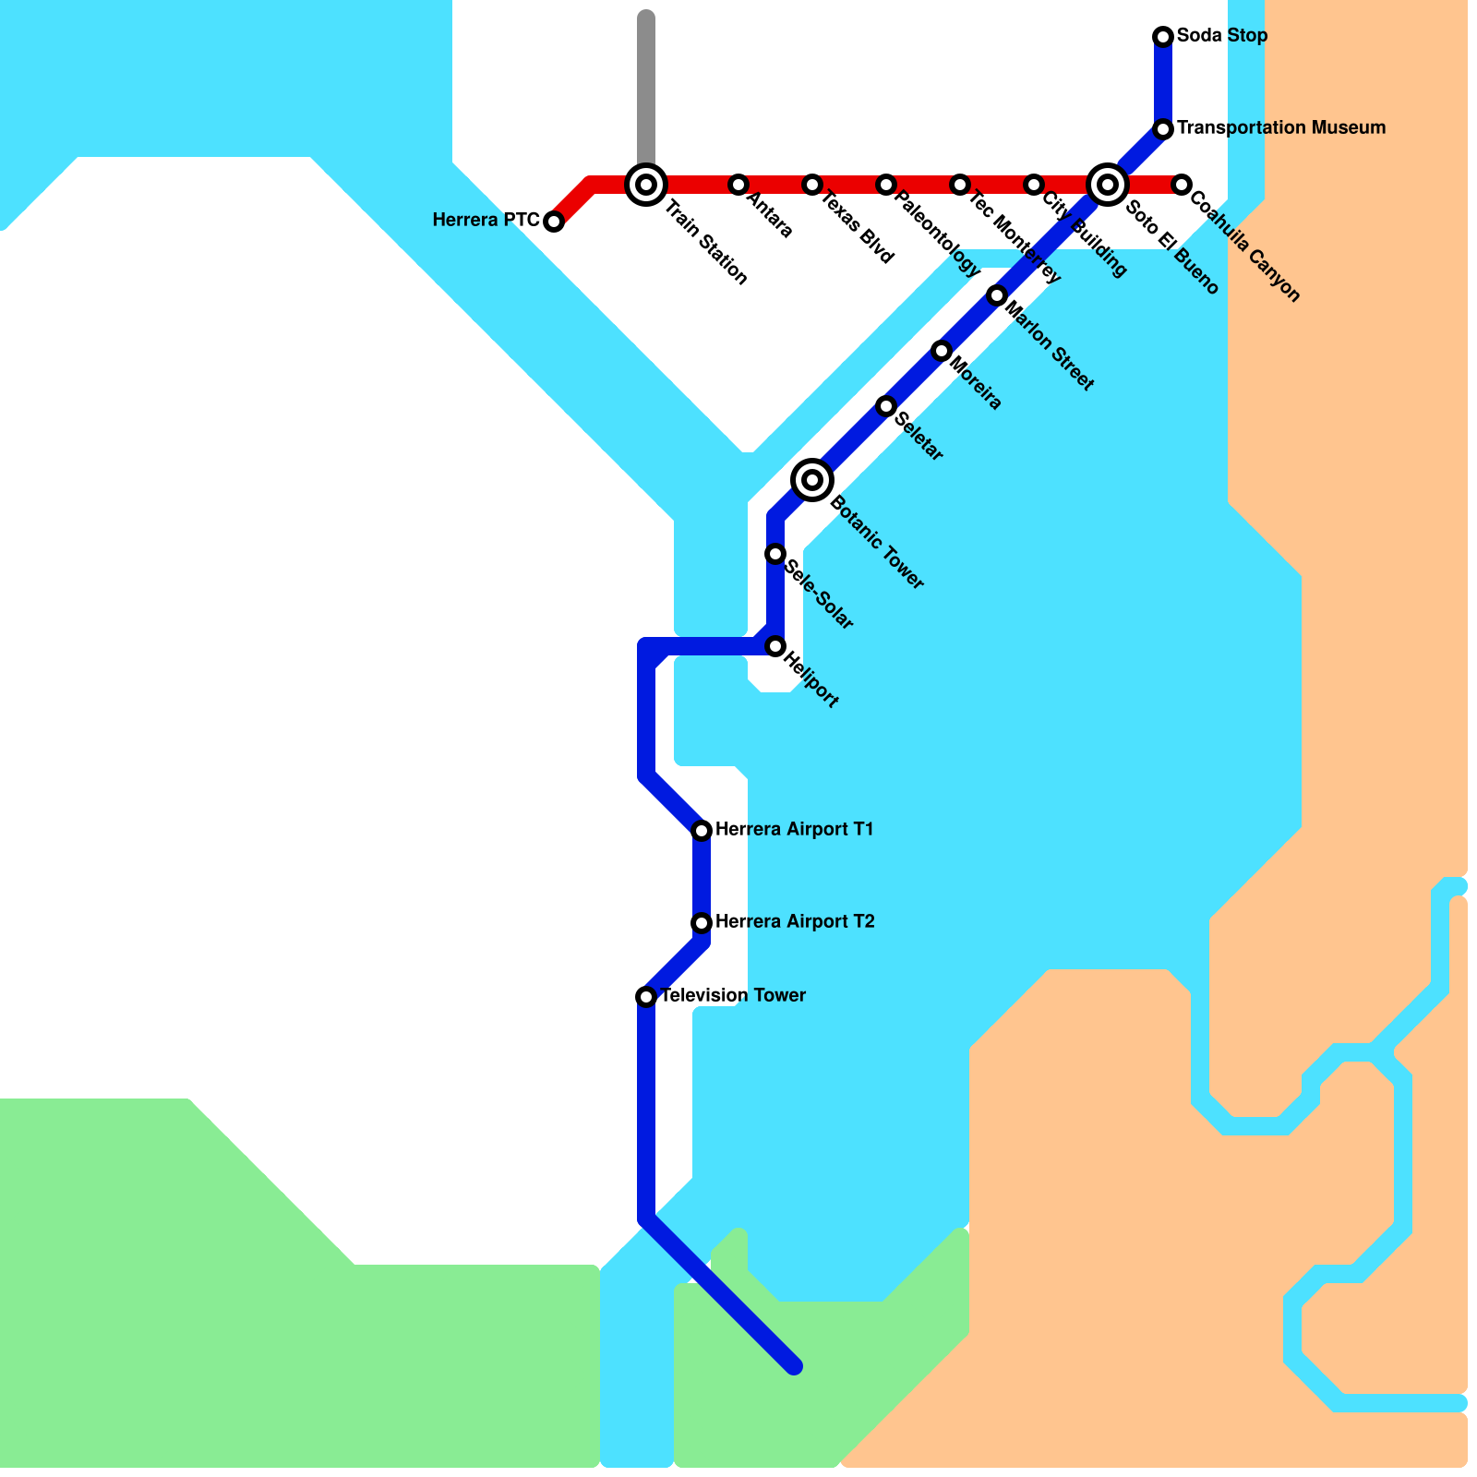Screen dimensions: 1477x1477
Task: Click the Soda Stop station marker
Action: click(x=1163, y=37)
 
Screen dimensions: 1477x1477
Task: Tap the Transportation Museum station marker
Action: click(x=1163, y=129)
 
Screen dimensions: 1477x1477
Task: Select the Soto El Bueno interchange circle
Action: click(x=1108, y=185)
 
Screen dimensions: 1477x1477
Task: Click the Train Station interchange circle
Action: click(x=646, y=185)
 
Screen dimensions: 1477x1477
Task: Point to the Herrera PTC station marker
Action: click(x=554, y=222)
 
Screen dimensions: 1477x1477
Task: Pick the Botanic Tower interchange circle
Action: click(x=812, y=480)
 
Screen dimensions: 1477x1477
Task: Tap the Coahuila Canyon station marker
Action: click(x=1182, y=185)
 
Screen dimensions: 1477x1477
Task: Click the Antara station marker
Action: click(x=738, y=185)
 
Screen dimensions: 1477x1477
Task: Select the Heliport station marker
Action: click(x=775, y=646)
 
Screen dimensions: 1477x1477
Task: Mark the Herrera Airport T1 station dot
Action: click(x=702, y=831)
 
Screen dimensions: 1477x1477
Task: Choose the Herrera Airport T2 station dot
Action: click(x=702, y=923)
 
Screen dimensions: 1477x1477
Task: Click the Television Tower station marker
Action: click(x=646, y=997)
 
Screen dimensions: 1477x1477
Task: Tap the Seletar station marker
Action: click(x=886, y=406)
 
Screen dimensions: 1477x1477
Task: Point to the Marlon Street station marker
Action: click(x=997, y=295)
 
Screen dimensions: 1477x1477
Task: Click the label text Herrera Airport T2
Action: click(x=795, y=922)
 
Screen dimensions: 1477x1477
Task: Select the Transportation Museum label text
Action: click(x=1281, y=128)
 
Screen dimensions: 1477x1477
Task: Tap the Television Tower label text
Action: click(x=733, y=996)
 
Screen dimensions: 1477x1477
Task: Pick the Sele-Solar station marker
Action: click(x=775, y=554)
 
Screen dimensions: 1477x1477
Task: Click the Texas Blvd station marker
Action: click(x=812, y=185)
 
